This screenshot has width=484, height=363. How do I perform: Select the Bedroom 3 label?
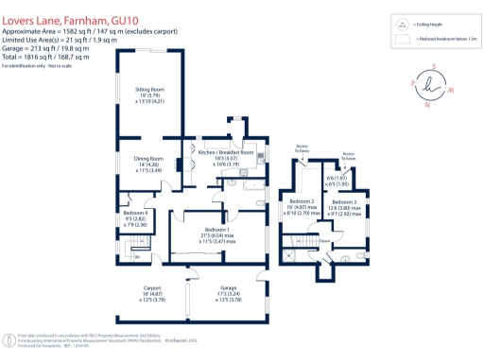coord(343,202)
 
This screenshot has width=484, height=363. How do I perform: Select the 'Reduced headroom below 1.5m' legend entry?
coord(444,41)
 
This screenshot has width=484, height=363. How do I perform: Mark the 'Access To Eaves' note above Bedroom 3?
coord(349,155)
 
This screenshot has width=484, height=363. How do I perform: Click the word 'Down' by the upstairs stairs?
coord(323,240)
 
